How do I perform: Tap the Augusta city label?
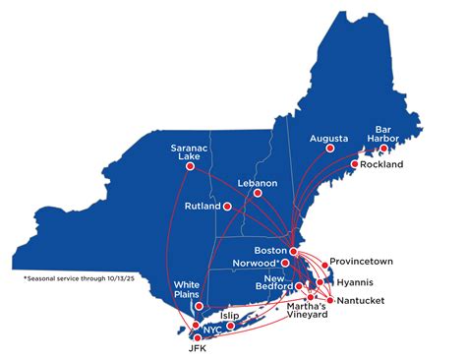pyautogui.click(x=328, y=139)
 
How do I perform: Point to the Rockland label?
pyautogui.click(x=382, y=164)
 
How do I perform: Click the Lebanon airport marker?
pyautogui.click(x=258, y=194)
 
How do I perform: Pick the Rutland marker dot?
pyautogui.click(x=228, y=207)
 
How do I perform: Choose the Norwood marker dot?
pyautogui.click(x=285, y=263)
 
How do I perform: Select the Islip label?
pyautogui.click(x=230, y=316)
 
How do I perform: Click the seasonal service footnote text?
pyautogui.click(x=72, y=279)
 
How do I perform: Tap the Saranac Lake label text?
pyautogui.click(x=186, y=143)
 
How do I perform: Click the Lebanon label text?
pyautogui.click(x=258, y=182)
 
